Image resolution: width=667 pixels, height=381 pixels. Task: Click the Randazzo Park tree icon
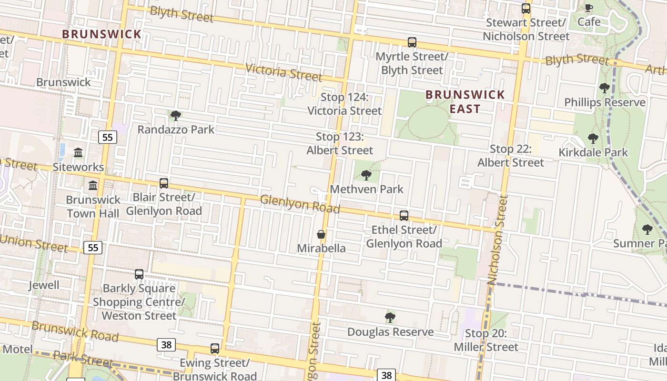[175, 115]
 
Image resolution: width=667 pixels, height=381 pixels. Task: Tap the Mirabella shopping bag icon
[321, 234]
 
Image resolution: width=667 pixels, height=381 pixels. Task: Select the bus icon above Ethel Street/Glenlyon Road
[404, 215]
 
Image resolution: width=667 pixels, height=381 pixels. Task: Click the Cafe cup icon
[589, 8]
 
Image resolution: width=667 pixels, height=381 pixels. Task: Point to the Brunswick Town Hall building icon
[93, 185]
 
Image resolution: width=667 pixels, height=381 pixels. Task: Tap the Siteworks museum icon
[78, 153]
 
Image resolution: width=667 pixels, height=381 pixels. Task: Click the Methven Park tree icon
[366, 175]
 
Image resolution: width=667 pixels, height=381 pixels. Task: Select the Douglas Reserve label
[390, 332]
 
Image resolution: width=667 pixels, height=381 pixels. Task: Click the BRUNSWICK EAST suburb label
[465, 101]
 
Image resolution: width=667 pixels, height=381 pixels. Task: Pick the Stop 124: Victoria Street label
[344, 104]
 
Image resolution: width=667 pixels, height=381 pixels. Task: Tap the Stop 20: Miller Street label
[485, 340]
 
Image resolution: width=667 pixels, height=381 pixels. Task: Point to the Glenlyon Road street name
[300, 204]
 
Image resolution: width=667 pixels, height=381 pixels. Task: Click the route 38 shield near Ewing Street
[166, 344]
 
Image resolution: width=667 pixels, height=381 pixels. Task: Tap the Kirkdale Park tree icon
[593, 139]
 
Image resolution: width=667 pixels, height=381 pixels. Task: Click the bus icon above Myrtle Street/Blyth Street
[412, 42]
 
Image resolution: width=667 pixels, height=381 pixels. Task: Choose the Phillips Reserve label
[605, 102]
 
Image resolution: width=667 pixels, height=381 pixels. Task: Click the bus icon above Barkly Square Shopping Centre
[139, 274]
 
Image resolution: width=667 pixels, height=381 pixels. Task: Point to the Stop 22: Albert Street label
[510, 156]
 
